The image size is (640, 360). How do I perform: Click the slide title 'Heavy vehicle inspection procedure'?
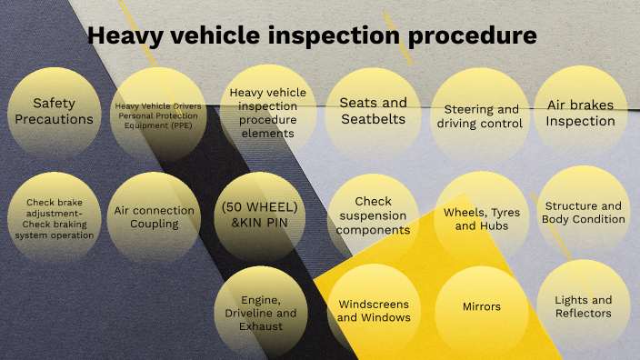coord(312,35)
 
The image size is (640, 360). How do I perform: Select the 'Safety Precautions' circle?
coord(63,111)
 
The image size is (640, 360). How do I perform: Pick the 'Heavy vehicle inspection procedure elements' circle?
coord(268,113)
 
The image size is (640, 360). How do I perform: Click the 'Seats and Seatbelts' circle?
coord(373,111)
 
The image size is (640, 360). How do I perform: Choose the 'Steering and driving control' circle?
coord(478,115)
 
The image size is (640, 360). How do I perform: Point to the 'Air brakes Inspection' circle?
coord(580,112)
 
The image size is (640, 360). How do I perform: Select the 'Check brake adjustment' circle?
coord(60,219)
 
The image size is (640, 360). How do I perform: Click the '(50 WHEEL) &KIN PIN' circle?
coord(260,216)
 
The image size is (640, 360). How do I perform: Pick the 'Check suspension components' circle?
coord(373,216)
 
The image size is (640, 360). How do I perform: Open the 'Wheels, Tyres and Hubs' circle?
coord(482,218)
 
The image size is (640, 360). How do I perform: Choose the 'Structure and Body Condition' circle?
coord(584,213)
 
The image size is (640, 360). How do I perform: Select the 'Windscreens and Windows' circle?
coord(373,310)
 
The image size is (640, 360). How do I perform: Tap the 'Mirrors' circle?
coord(481,306)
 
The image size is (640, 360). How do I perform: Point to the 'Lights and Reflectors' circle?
coord(583,306)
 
